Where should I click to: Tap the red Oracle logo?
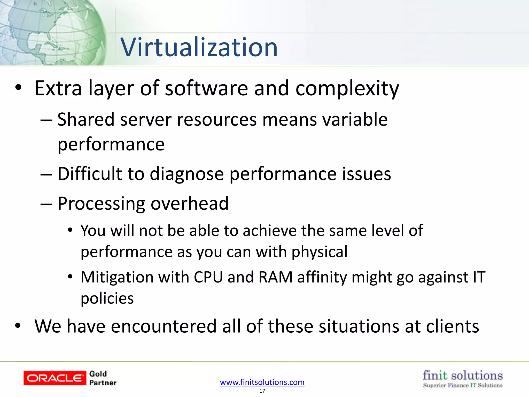55,378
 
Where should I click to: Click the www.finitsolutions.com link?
262,382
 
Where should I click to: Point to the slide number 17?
262,391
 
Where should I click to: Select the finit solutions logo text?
463,376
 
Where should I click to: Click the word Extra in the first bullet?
58,88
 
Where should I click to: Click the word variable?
353,120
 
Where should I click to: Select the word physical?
320,252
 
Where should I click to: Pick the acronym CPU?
208,277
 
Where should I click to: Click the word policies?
107,299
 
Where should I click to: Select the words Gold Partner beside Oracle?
103,378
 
